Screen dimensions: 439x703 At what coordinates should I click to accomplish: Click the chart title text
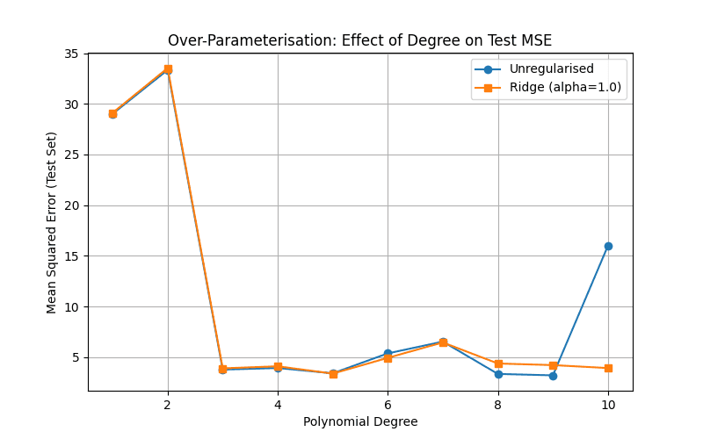pos(359,40)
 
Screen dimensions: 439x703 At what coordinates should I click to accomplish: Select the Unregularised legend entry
pos(551,69)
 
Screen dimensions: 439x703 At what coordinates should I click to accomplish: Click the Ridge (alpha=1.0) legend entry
pos(565,87)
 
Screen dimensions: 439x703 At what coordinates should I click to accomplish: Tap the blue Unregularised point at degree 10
pos(608,246)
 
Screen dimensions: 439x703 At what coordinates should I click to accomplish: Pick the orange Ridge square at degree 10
pos(608,368)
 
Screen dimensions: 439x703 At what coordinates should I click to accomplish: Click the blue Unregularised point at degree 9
pos(553,376)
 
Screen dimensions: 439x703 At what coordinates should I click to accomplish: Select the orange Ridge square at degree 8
pos(498,363)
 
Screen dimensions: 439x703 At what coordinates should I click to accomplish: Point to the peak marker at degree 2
pos(168,68)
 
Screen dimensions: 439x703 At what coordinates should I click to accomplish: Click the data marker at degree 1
pos(112,113)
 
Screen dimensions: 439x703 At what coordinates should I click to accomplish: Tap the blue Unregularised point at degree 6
pos(388,353)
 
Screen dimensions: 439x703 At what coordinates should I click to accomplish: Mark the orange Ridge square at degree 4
pos(278,366)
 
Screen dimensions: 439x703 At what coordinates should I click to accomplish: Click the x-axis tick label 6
pos(388,405)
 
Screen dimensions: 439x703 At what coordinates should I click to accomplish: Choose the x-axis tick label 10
pos(608,405)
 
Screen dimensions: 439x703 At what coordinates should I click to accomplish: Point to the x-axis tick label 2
pos(168,405)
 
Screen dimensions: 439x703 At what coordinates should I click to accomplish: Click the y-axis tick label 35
pos(70,54)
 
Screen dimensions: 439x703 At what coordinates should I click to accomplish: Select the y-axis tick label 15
pos(70,256)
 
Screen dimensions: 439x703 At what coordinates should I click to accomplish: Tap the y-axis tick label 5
pos(74,357)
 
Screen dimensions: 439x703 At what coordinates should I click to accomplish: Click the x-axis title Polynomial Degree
pos(360,421)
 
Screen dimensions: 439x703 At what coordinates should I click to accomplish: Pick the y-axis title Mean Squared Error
pos(52,222)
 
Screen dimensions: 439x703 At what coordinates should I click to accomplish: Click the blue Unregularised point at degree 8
pos(498,374)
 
